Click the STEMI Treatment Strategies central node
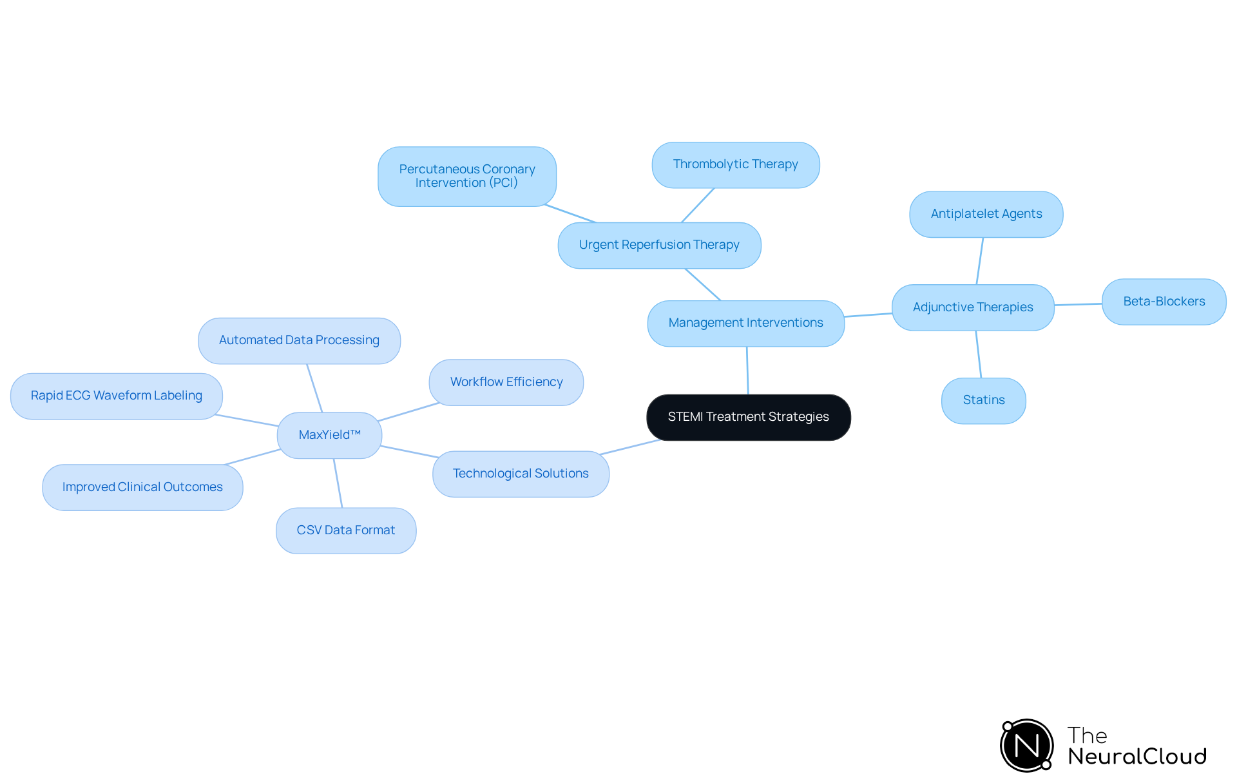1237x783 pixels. (x=748, y=417)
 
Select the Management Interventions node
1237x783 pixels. (x=745, y=323)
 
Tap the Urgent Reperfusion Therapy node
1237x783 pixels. (x=659, y=245)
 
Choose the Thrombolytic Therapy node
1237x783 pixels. (x=735, y=164)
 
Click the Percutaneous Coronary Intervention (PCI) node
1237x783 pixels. (x=466, y=176)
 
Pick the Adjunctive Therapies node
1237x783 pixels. (x=972, y=307)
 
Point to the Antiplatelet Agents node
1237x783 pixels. (x=986, y=214)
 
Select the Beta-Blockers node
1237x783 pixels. (x=1164, y=302)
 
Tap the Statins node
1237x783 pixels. (x=983, y=400)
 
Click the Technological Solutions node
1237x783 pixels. (x=521, y=474)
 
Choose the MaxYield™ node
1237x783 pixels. (x=329, y=435)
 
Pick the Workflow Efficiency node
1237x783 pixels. (x=506, y=382)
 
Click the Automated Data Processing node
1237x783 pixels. (x=299, y=340)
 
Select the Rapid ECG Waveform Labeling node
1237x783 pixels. (x=116, y=396)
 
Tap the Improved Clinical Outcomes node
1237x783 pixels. (x=142, y=487)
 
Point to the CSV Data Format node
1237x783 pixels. (x=345, y=530)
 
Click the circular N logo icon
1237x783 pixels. (x=1027, y=746)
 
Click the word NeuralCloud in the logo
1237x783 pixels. (x=1136, y=757)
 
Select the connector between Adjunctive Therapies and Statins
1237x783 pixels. (x=979, y=354)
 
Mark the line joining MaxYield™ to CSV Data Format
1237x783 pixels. (x=338, y=483)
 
